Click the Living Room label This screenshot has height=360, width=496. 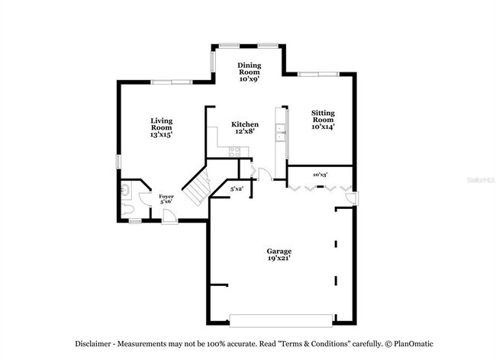[x=161, y=127]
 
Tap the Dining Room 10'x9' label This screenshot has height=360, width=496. [x=250, y=72]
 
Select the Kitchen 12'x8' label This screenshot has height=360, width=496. [x=245, y=127]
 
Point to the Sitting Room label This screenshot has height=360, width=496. [x=323, y=119]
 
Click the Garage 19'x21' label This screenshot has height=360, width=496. [x=279, y=255]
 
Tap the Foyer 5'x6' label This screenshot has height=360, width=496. [x=166, y=200]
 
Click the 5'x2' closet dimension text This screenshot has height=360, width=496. [x=237, y=188]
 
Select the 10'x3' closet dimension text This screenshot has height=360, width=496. [x=320, y=175]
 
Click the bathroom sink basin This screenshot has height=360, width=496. [x=126, y=188]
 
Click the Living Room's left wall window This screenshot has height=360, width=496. [x=118, y=162]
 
